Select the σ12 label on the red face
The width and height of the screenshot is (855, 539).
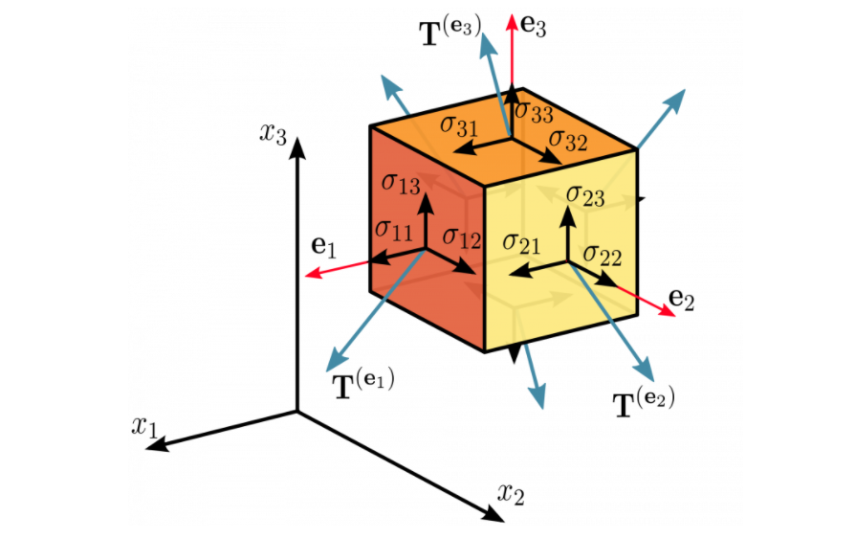coord(461,237)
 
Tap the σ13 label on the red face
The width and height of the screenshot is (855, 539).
coord(400,183)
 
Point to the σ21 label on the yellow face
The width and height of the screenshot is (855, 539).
coord(521,243)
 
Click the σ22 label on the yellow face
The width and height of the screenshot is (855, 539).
coord(603,255)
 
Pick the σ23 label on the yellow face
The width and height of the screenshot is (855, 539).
coord(584,196)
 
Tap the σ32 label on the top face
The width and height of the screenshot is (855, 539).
coord(566,141)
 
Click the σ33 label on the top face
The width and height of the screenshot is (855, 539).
coord(534,110)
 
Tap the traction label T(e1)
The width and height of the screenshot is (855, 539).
coord(362,384)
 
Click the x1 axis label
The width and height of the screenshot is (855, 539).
coord(144,425)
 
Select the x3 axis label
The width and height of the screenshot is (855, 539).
coord(273,133)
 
